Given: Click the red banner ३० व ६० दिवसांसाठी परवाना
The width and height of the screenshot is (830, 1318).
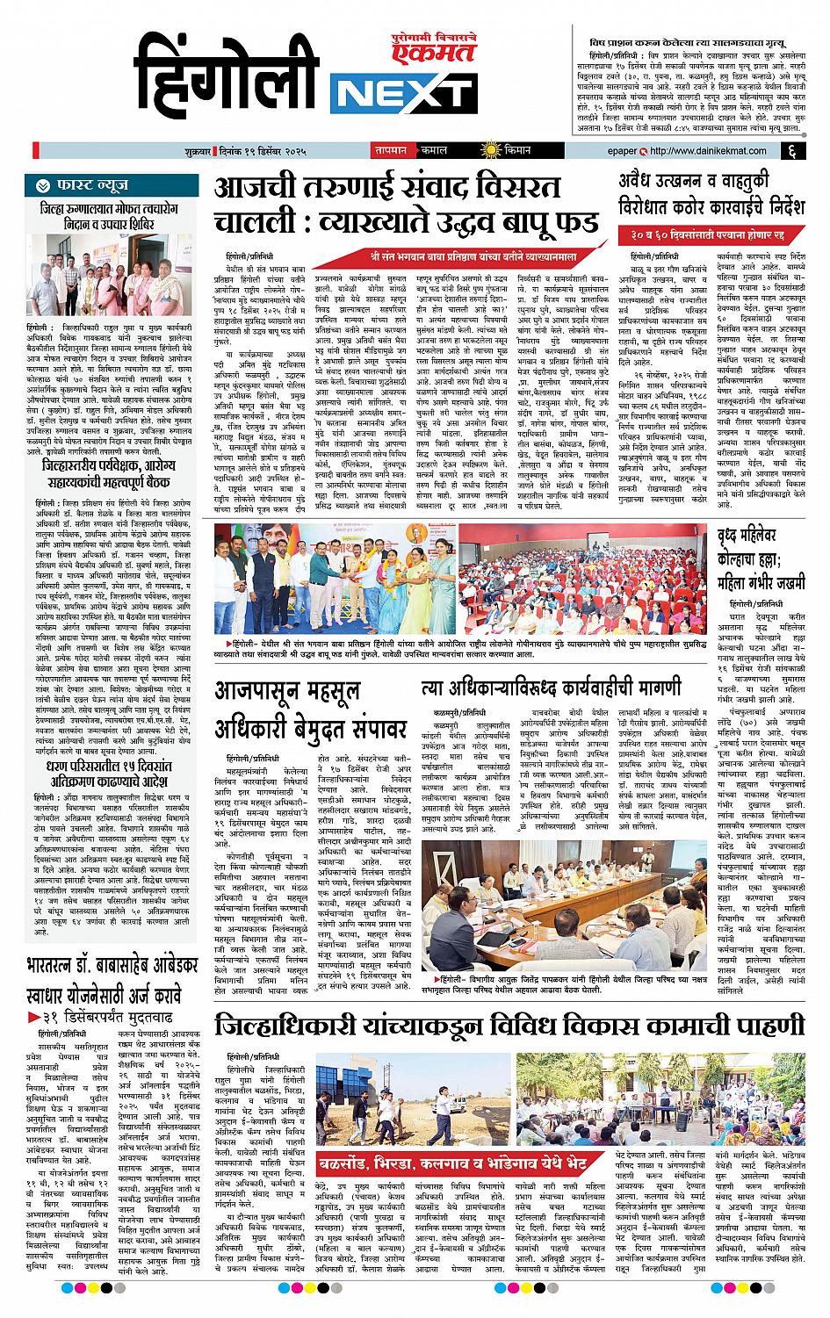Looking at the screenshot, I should click(711, 236).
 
